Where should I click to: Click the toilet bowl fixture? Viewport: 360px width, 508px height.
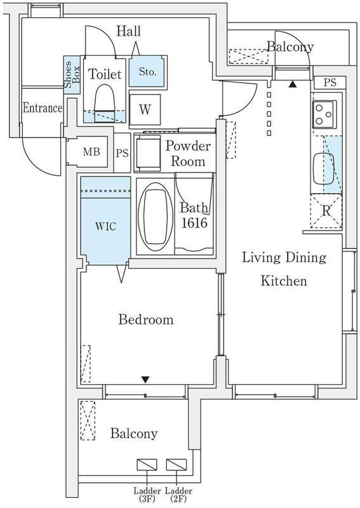coord(104,104)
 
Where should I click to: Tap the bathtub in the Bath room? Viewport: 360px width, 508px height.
coord(155,217)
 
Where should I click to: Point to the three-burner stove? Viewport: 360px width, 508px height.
coord(324,114)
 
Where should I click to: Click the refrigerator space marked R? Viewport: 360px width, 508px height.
coord(326,211)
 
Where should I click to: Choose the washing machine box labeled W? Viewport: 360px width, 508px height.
coord(145,109)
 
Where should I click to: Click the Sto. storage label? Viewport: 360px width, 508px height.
coord(148,72)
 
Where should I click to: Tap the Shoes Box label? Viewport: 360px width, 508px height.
coord(72,75)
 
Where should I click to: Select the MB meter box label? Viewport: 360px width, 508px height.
coord(91,152)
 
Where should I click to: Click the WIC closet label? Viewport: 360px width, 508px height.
coord(105,226)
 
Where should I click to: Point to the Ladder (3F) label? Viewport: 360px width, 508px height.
coord(147,495)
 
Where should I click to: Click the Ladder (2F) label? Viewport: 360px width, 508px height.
coord(178,495)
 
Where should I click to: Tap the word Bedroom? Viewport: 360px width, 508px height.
coord(146,319)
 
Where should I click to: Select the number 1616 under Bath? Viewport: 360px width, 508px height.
coord(194,223)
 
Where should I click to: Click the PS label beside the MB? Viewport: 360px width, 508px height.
coord(122,153)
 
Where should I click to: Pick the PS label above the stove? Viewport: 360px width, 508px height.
coord(330,83)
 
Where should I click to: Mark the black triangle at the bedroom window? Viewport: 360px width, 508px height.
coord(145,379)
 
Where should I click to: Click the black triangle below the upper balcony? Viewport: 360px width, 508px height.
coord(293,85)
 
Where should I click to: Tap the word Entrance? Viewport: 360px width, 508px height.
coord(43,108)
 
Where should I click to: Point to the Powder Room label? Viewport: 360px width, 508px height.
coord(188,154)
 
